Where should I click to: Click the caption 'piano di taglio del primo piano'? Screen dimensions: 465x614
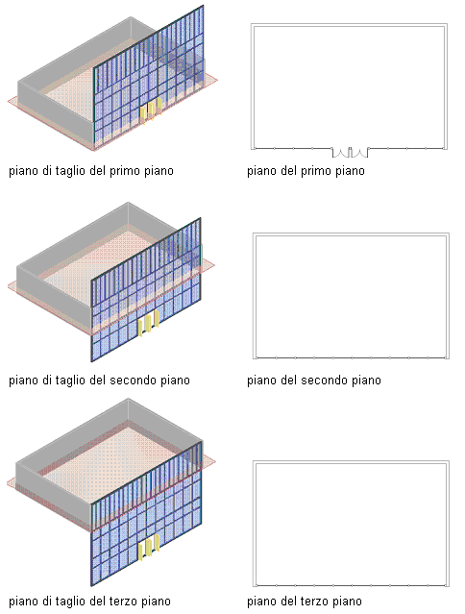click(91, 171)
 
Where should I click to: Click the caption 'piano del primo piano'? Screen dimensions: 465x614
click(306, 171)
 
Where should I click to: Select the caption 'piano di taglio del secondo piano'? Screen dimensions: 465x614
click(99, 381)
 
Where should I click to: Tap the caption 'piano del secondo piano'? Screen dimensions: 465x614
click(314, 381)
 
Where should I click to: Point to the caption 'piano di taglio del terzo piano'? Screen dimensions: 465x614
click(89, 602)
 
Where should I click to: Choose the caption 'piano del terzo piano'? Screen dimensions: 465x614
click(305, 602)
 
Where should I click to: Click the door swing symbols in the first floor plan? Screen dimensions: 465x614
click(351, 153)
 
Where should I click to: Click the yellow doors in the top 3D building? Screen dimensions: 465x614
click(151, 111)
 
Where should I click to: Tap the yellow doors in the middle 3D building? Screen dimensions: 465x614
click(148, 323)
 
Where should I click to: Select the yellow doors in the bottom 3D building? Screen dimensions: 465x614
click(148, 547)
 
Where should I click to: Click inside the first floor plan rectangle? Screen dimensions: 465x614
click(349, 86)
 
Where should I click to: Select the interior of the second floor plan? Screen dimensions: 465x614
click(351, 296)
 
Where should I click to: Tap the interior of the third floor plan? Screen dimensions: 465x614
click(351, 524)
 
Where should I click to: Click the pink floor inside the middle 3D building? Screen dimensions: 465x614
click(98, 270)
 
